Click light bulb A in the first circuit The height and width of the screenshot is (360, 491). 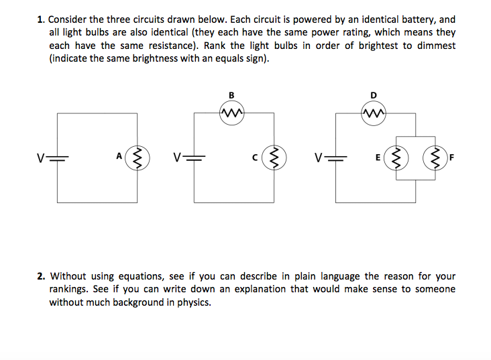click(137, 158)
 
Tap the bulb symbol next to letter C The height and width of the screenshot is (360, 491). click(274, 158)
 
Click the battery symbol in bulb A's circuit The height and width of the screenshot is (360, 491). click(57, 158)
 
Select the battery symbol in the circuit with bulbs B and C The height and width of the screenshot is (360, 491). click(194, 158)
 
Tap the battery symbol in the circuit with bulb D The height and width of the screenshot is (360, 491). click(335, 158)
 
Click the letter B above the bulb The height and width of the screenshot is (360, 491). click(231, 95)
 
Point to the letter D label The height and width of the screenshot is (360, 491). click(374, 95)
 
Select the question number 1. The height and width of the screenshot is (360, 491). click(41, 19)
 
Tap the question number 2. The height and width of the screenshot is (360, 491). click(41, 276)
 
